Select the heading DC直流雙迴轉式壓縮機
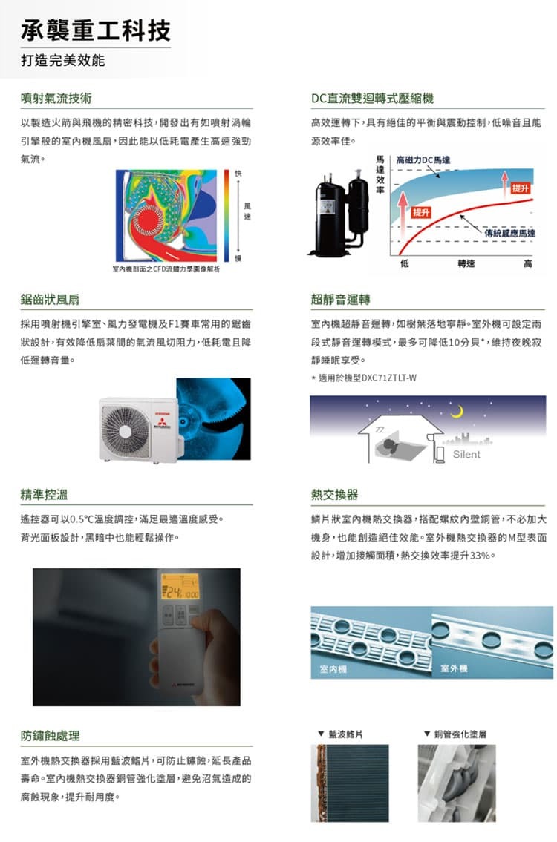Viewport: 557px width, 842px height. [372, 98]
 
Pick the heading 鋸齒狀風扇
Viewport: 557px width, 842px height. [51, 300]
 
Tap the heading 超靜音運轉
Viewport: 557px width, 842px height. [341, 300]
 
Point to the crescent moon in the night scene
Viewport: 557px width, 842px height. [460, 409]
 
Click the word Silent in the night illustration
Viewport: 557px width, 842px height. [466, 454]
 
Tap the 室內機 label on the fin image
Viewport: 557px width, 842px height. [331, 669]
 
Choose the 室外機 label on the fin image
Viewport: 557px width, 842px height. [453, 669]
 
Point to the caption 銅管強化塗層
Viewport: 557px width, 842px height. [460, 734]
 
